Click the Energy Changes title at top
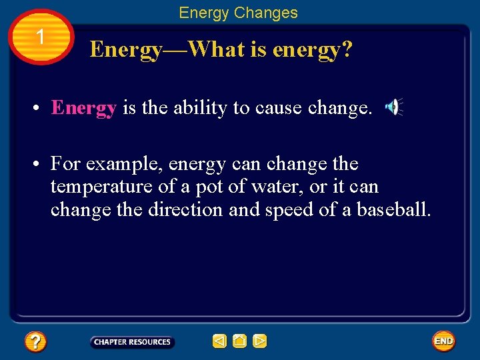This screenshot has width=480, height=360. pos(238,13)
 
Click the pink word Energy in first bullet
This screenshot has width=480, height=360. pos(84,108)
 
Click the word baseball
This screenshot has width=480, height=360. pos(393,209)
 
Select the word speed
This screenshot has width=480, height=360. pos(286,209)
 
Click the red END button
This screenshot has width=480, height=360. pos(443,341)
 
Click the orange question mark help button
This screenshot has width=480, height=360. pos(35,342)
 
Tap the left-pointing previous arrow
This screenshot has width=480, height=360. pos(219,341)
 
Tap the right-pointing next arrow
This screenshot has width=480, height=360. pos(260,341)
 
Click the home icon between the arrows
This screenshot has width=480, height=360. pos(240,341)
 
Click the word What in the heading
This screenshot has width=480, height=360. pos(215,49)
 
